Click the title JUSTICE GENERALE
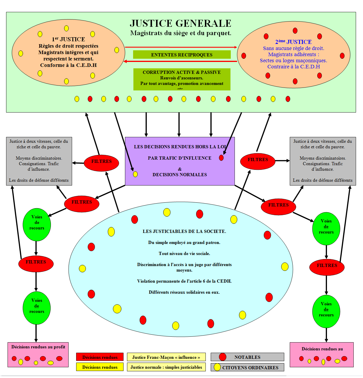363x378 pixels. (x=180, y=23)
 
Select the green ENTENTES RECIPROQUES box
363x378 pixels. (x=182, y=55)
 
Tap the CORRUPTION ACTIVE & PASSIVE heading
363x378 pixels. (x=182, y=72)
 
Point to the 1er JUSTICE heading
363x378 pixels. (x=68, y=39)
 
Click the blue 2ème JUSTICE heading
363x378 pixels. (x=293, y=42)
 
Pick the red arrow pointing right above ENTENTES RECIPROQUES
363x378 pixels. (x=181, y=47)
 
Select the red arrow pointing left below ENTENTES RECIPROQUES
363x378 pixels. (x=181, y=61)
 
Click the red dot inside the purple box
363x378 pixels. (x=221, y=158)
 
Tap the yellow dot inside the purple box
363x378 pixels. (x=135, y=174)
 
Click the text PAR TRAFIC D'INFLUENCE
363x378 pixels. (x=180, y=158)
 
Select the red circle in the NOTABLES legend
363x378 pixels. (x=223, y=357)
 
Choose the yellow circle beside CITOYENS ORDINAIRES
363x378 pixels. (x=217, y=367)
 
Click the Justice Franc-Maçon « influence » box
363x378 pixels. (x=166, y=357)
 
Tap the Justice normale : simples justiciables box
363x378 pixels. (x=166, y=367)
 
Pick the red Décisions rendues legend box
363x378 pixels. (x=100, y=357)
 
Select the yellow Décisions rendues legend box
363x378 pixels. (x=100, y=367)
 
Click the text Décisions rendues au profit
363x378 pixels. (x=38, y=347)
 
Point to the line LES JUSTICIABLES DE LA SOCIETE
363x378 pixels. (x=184, y=231)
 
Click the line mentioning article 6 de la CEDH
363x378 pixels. (x=184, y=281)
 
